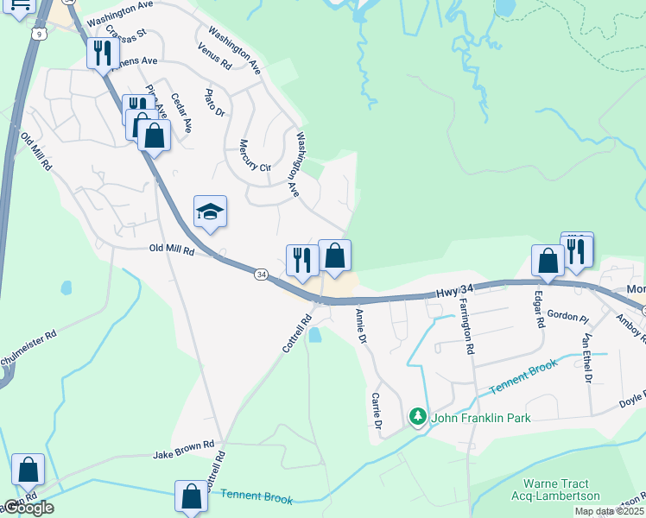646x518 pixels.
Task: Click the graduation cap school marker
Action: tap(210, 212)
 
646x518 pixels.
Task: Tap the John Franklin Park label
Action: tap(481, 419)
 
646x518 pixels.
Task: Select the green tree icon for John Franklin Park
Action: tap(418, 418)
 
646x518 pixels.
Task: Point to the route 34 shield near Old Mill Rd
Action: tap(261, 274)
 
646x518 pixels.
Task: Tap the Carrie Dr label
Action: tap(376, 409)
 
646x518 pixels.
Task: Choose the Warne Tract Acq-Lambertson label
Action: tap(560, 490)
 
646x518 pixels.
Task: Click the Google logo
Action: tap(28, 508)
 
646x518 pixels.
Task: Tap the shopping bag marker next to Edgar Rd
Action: tap(548, 261)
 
